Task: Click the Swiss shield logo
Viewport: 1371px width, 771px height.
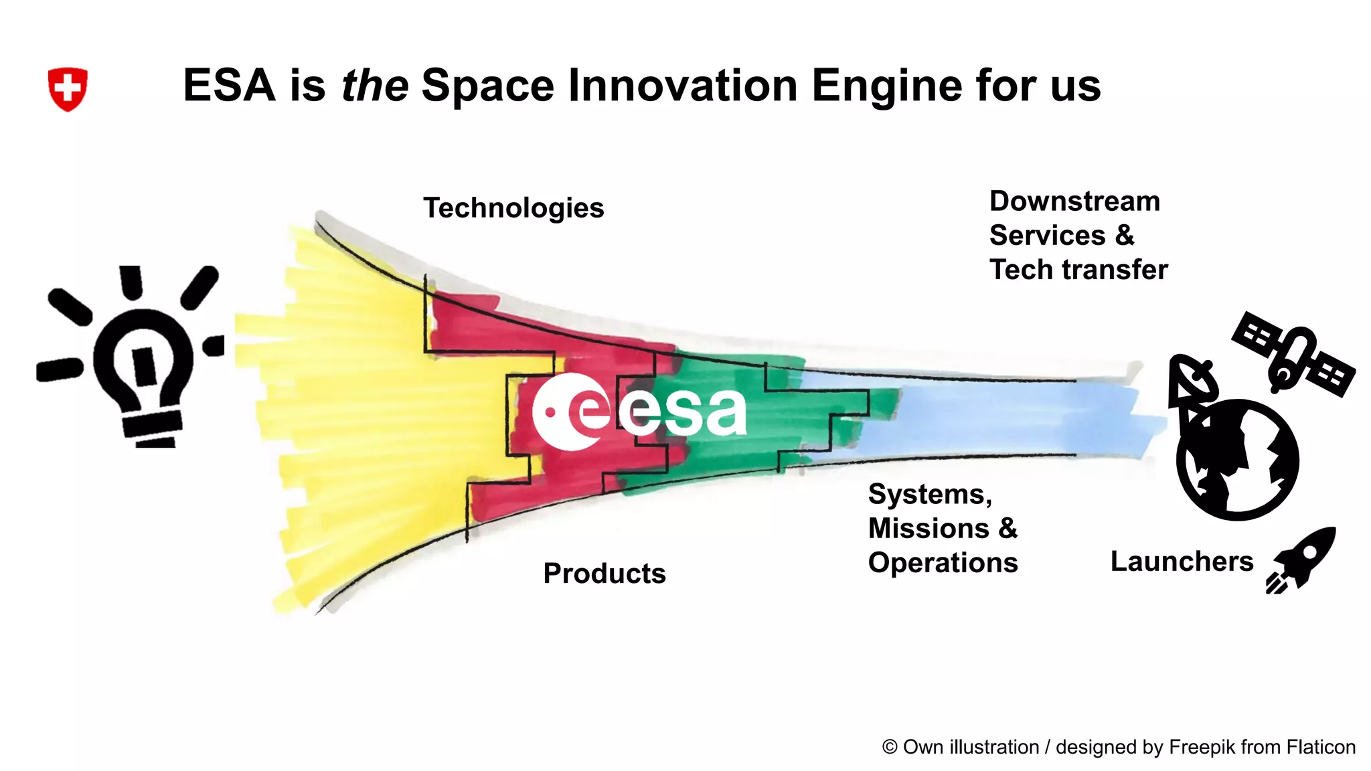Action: pyautogui.click(x=68, y=88)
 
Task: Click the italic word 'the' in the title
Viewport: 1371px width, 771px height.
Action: pyautogui.click(x=374, y=86)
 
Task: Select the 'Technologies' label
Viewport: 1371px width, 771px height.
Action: pyautogui.click(x=513, y=208)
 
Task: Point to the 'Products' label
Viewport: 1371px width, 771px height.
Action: pyautogui.click(x=604, y=574)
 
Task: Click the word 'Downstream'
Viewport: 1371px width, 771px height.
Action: pyautogui.click(x=1074, y=201)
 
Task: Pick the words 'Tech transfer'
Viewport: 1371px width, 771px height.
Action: pyautogui.click(x=1078, y=270)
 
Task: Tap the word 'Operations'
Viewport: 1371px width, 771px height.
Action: pyautogui.click(x=943, y=563)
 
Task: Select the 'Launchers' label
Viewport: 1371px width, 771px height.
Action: pyautogui.click(x=1182, y=562)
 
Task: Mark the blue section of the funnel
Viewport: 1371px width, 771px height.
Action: pyautogui.click(x=1004, y=415)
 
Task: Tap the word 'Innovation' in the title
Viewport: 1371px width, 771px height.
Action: pyautogui.click(x=683, y=86)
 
